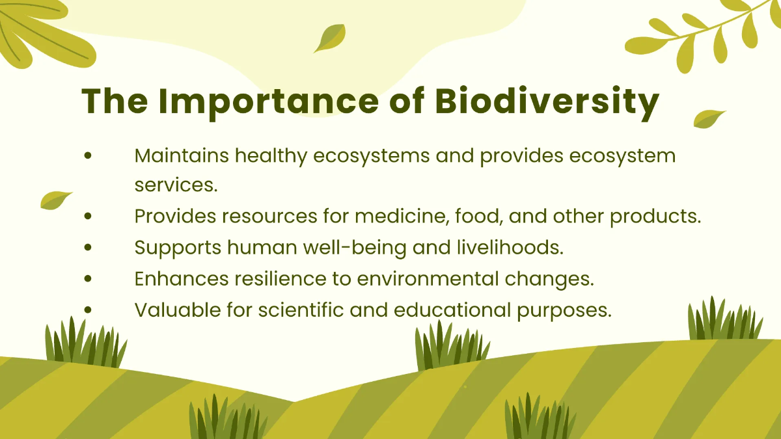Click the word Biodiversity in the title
547,101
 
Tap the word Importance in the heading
268,101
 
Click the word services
176,185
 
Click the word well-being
355,247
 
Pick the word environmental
428,278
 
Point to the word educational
452,310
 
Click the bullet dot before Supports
88,247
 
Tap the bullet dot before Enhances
88,278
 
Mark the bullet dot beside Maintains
88,155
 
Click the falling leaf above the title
330,38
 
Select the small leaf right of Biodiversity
709,119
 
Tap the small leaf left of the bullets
56,200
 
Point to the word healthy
271,155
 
